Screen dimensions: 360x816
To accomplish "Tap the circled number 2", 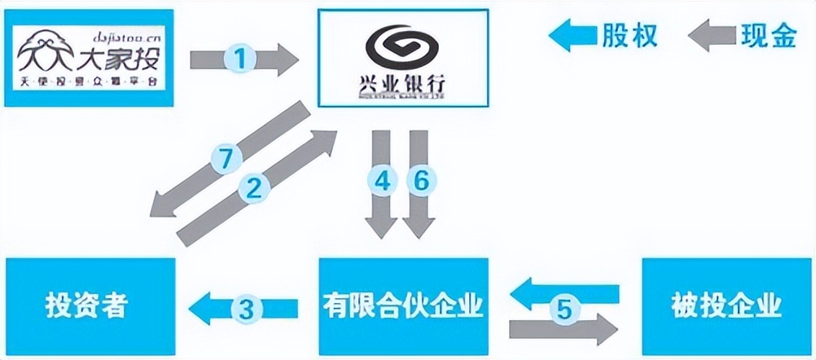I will [253, 189].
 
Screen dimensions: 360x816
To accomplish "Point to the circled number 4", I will [384, 182].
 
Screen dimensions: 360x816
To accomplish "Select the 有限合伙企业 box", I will [403, 307].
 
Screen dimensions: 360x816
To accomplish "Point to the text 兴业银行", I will [402, 84].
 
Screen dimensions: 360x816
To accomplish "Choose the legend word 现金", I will [768, 35].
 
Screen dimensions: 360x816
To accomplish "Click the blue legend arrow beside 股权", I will [573, 36].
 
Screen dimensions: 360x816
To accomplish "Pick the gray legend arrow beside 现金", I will [711, 36].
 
